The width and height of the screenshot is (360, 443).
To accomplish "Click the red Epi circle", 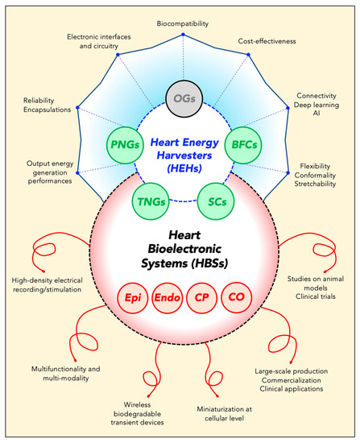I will click(133, 296).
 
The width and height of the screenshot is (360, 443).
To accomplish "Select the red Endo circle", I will click(166, 296).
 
